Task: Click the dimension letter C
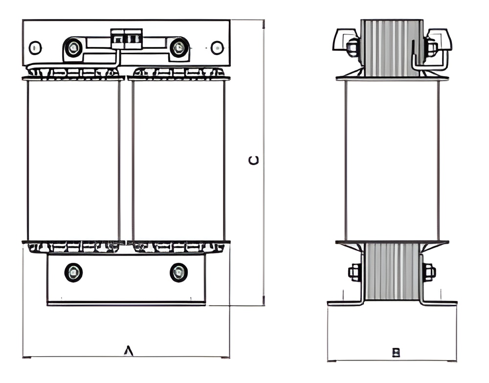click(x=253, y=160)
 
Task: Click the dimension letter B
click(x=396, y=352)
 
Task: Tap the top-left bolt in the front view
click(x=73, y=48)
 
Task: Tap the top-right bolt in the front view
click(x=178, y=48)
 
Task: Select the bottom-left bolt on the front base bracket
click(x=73, y=273)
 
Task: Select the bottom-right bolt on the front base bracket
click(x=178, y=273)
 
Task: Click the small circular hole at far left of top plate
click(x=35, y=48)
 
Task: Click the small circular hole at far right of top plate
click(x=217, y=48)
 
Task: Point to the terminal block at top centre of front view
click(x=127, y=39)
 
